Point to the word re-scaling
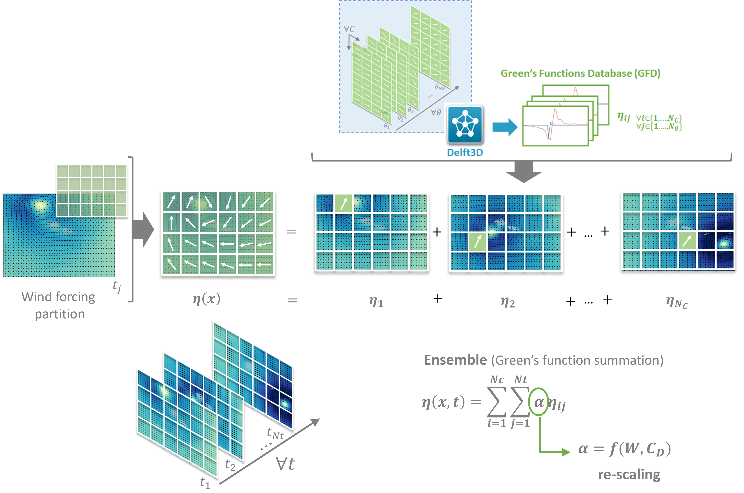pyautogui.click(x=629, y=475)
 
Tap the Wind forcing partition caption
pyautogui.click(x=59, y=305)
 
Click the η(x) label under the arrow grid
pyautogui.click(x=207, y=299)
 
